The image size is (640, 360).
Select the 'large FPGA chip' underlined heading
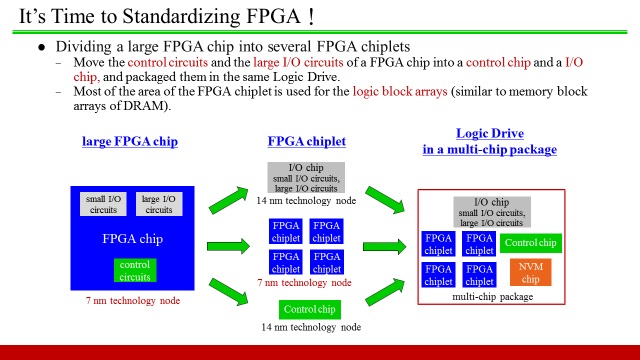(x=129, y=142)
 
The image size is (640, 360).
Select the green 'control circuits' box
(x=134, y=271)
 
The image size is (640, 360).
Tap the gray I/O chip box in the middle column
(x=306, y=178)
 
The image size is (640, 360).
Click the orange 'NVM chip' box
(x=530, y=272)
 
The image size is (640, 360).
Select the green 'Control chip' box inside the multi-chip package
(x=530, y=242)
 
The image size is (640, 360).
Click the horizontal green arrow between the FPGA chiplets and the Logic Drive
(x=385, y=245)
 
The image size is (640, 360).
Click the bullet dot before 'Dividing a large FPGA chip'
(x=41, y=47)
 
